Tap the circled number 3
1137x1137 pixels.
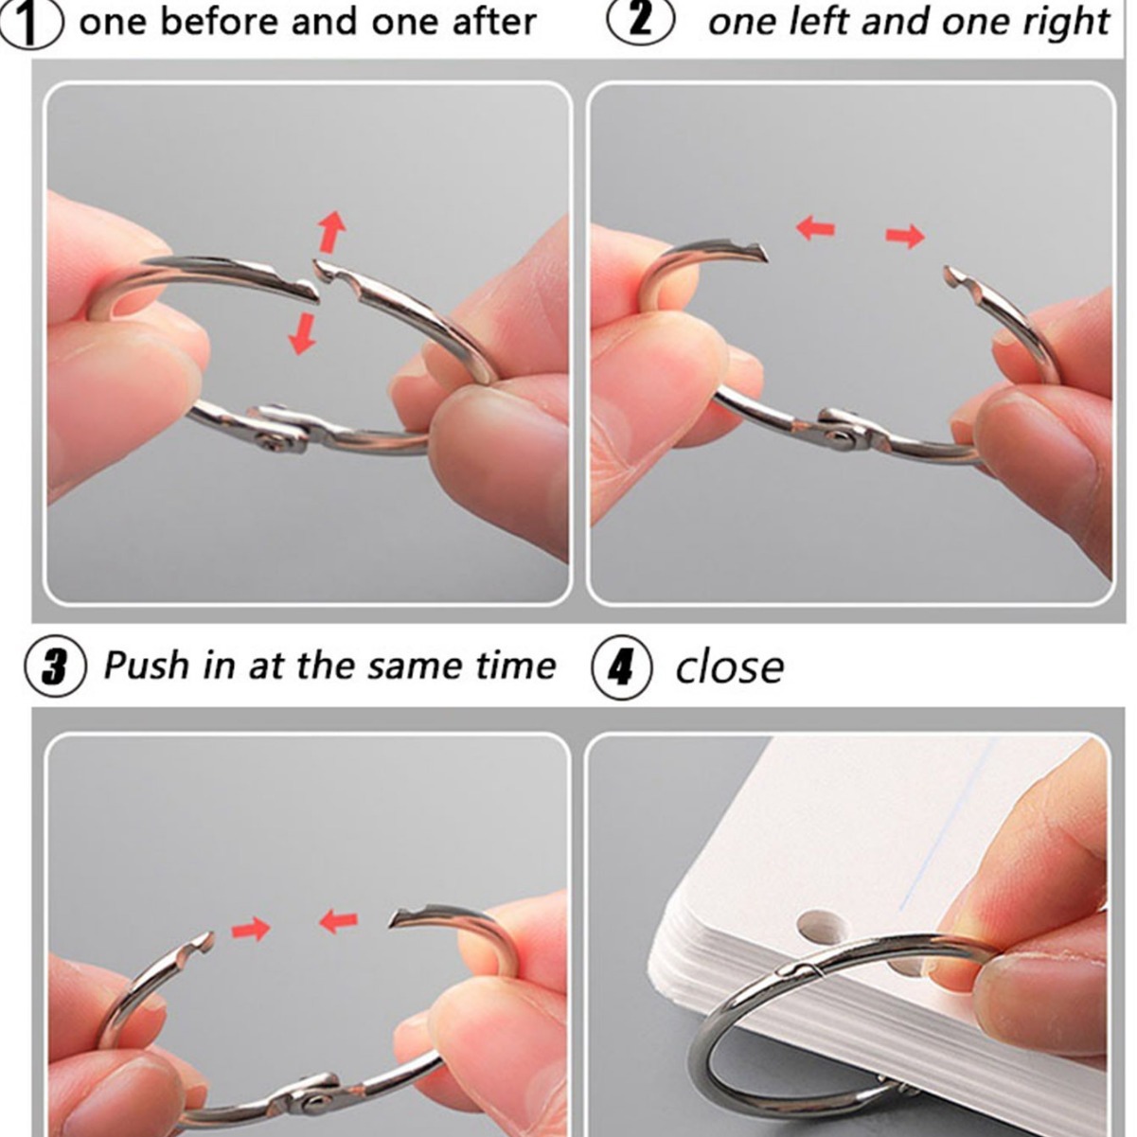[55, 668]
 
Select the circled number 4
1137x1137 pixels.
[622, 668]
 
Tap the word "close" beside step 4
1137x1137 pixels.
[729, 667]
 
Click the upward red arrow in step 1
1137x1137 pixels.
[331, 231]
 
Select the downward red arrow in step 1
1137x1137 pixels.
[302, 333]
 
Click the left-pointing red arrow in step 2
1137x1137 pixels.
[816, 228]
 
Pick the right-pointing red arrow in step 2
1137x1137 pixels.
[904, 236]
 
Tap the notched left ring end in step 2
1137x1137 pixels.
[750, 252]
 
